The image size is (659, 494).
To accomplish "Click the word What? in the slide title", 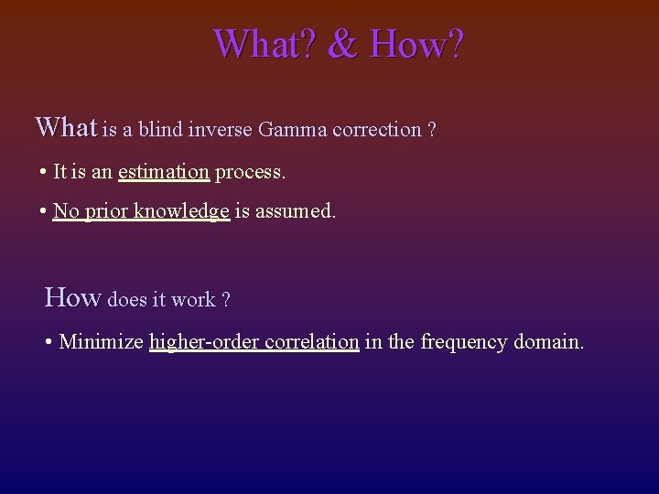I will (262, 43).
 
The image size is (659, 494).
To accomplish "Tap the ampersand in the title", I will (341, 43).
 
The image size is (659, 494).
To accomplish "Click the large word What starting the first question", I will (65, 126).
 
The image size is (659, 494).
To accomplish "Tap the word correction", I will (376, 130).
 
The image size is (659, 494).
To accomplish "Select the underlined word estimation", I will (164, 172).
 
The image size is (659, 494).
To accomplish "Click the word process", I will (250, 172).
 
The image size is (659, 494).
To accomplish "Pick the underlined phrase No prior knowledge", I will (141, 211).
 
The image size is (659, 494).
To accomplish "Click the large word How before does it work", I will (73, 297).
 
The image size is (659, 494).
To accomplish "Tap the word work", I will (193, 300).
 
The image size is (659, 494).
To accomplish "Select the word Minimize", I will (101, 342).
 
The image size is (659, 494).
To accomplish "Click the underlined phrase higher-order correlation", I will (254, 342).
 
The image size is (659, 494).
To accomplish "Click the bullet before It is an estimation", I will (44, 172).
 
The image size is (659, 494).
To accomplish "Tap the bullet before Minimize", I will (49, 342).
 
